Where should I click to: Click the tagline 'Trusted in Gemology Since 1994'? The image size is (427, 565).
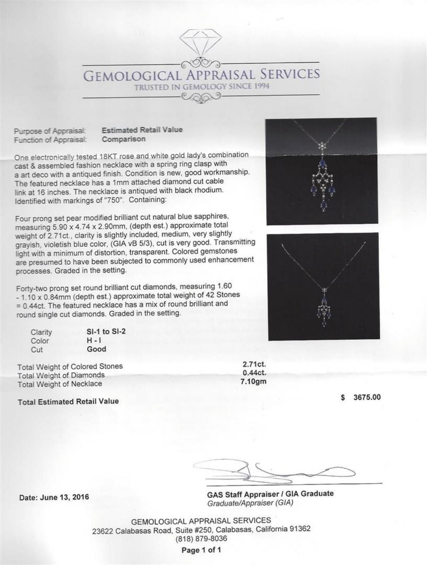point(201,87)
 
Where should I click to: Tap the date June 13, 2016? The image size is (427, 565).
point(54,497)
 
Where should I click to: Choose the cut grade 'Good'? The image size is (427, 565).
point(96,349)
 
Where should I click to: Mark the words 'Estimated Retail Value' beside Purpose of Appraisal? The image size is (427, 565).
point(142,130)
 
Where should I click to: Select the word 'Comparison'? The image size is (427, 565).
point(124,139)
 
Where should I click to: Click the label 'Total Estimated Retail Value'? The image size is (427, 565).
point(68,401)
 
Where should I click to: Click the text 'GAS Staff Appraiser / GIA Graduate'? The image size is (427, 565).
point(270,494)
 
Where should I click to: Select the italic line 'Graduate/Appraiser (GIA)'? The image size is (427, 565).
point(251,503)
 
